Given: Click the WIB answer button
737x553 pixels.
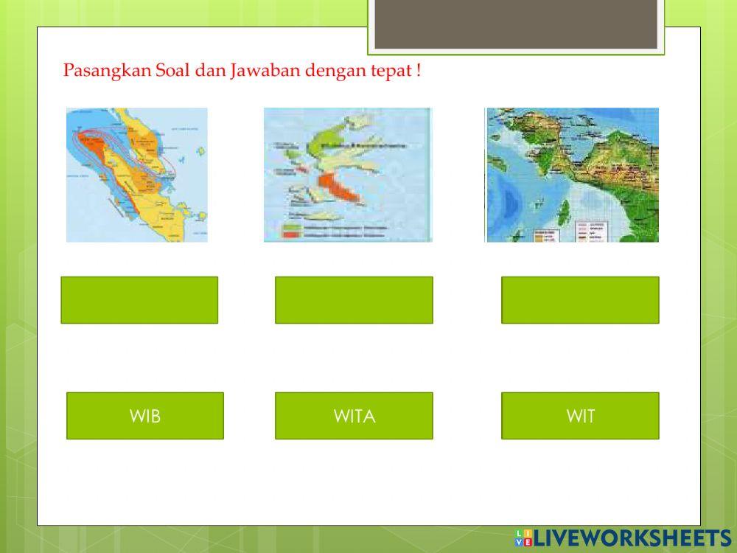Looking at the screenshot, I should point(144,416).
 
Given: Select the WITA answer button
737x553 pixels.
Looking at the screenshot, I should point(354,416).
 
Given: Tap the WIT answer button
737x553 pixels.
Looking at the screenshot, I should point(580,416).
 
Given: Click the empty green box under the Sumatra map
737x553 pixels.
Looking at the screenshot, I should point(139,300).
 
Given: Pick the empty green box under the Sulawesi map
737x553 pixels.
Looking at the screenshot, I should point(354,300).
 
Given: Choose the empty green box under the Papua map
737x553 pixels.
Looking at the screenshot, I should point(580,300).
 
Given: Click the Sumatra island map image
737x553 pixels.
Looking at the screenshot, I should point(137,175).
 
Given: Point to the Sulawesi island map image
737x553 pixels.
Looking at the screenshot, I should point(347,175).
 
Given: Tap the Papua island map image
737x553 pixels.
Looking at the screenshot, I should point(572,175).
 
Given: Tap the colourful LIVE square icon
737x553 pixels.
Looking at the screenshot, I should point(524,538).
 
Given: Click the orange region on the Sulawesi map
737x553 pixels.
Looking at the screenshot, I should point(340,190).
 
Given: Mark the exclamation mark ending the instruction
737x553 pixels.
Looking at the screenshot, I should point(418,72).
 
